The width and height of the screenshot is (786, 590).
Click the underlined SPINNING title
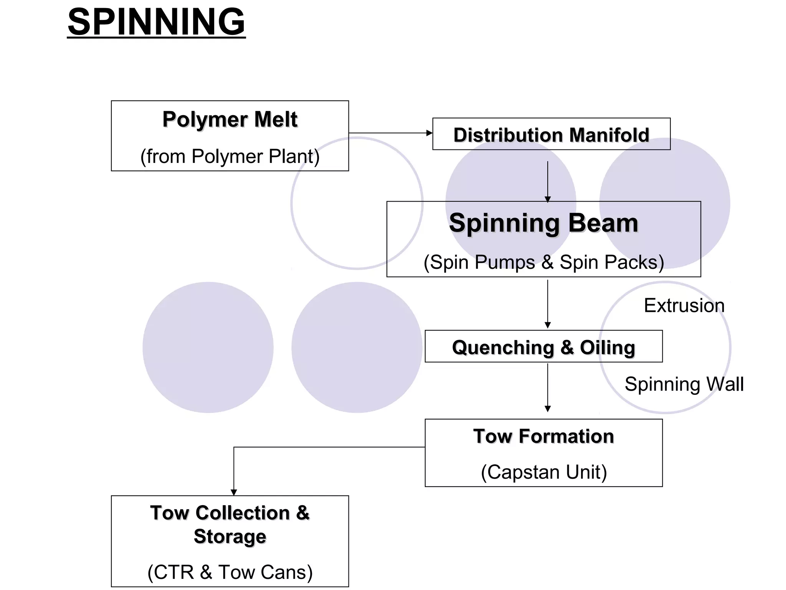[x=156, y=22]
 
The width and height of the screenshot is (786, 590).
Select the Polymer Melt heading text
[x=230, y=119]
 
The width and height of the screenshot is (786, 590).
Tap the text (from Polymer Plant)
[x=230, y=156]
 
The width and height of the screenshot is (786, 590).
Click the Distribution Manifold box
[x=551, y=134]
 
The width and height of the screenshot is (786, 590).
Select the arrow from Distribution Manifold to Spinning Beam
[x=548, y=181]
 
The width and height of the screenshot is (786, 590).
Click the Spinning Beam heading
[x=543, y=223]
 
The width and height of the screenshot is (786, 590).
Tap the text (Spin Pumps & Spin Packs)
[x=543, y=262]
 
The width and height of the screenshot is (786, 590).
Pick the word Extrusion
[x=684, y=306]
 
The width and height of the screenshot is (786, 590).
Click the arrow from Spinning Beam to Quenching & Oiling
[x=548, y=303]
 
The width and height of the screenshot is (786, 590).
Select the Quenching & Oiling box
[x=543, y=346]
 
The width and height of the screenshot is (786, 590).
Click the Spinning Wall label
[x=684, y=384]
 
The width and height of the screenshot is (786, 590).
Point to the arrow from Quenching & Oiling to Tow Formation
[x=548, y=387]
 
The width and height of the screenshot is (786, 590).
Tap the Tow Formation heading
[x=543, y=436]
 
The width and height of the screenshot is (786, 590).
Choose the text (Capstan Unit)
[x=543, y=472]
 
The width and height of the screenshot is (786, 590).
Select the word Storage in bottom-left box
[x=230, y=536]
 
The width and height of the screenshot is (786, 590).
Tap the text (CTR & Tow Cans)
[x=230, y=572]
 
